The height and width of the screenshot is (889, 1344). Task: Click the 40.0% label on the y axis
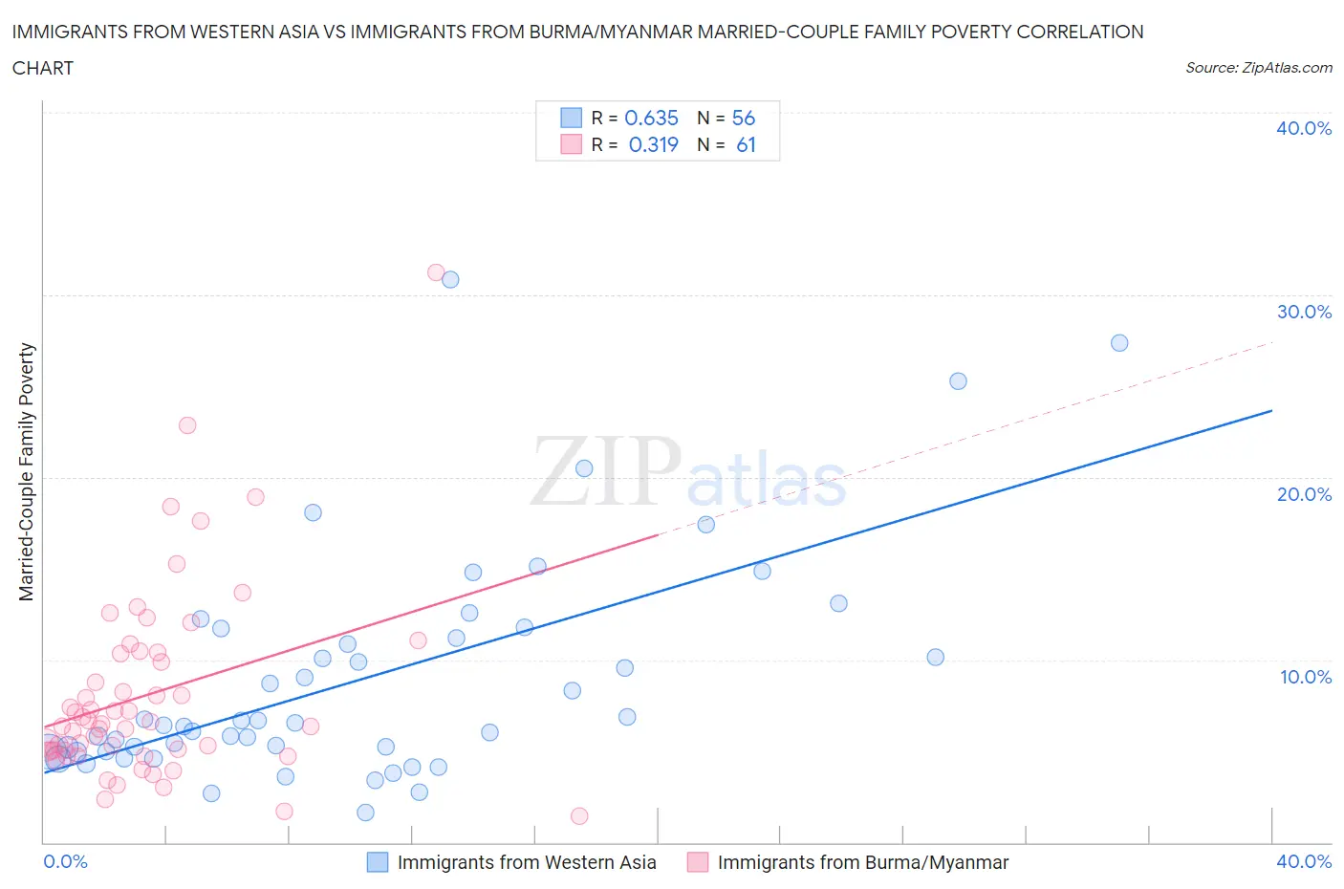(x=1303, y=128)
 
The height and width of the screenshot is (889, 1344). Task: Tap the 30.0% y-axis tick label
(x=1303, y=312)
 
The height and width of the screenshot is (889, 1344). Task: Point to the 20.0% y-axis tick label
(x=1303, y=494)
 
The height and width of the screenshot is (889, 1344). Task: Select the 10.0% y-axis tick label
(x=1305, y=677)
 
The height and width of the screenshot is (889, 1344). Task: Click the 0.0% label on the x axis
(x=66, y=861)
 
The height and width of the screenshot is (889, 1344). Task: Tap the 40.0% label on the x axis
(x=1303, y=861)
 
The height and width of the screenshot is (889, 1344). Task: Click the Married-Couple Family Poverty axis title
(x=27, y=472)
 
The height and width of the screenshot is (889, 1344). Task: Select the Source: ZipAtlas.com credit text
(x=1258, y=68)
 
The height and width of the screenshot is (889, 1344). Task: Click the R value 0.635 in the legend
(x=651, y=118)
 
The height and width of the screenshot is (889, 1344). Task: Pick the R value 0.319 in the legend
(x=653, y=144)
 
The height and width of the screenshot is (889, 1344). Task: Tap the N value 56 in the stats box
(x=743, y=118)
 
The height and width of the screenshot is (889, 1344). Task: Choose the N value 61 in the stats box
(x=746, y=144)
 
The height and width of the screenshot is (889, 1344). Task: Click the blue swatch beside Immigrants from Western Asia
(x=378, y=862)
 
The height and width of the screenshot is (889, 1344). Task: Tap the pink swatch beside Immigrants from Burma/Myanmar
(x=698, y=862)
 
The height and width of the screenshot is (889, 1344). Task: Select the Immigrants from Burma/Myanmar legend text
(x=862, y=862)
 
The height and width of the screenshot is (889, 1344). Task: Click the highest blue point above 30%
(x=450, y=279)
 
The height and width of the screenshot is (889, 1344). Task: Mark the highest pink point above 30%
(x=436, y=272)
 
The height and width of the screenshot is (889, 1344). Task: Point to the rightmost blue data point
(x=1119, y=343)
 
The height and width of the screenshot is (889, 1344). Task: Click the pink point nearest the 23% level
(x=187, y=425)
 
